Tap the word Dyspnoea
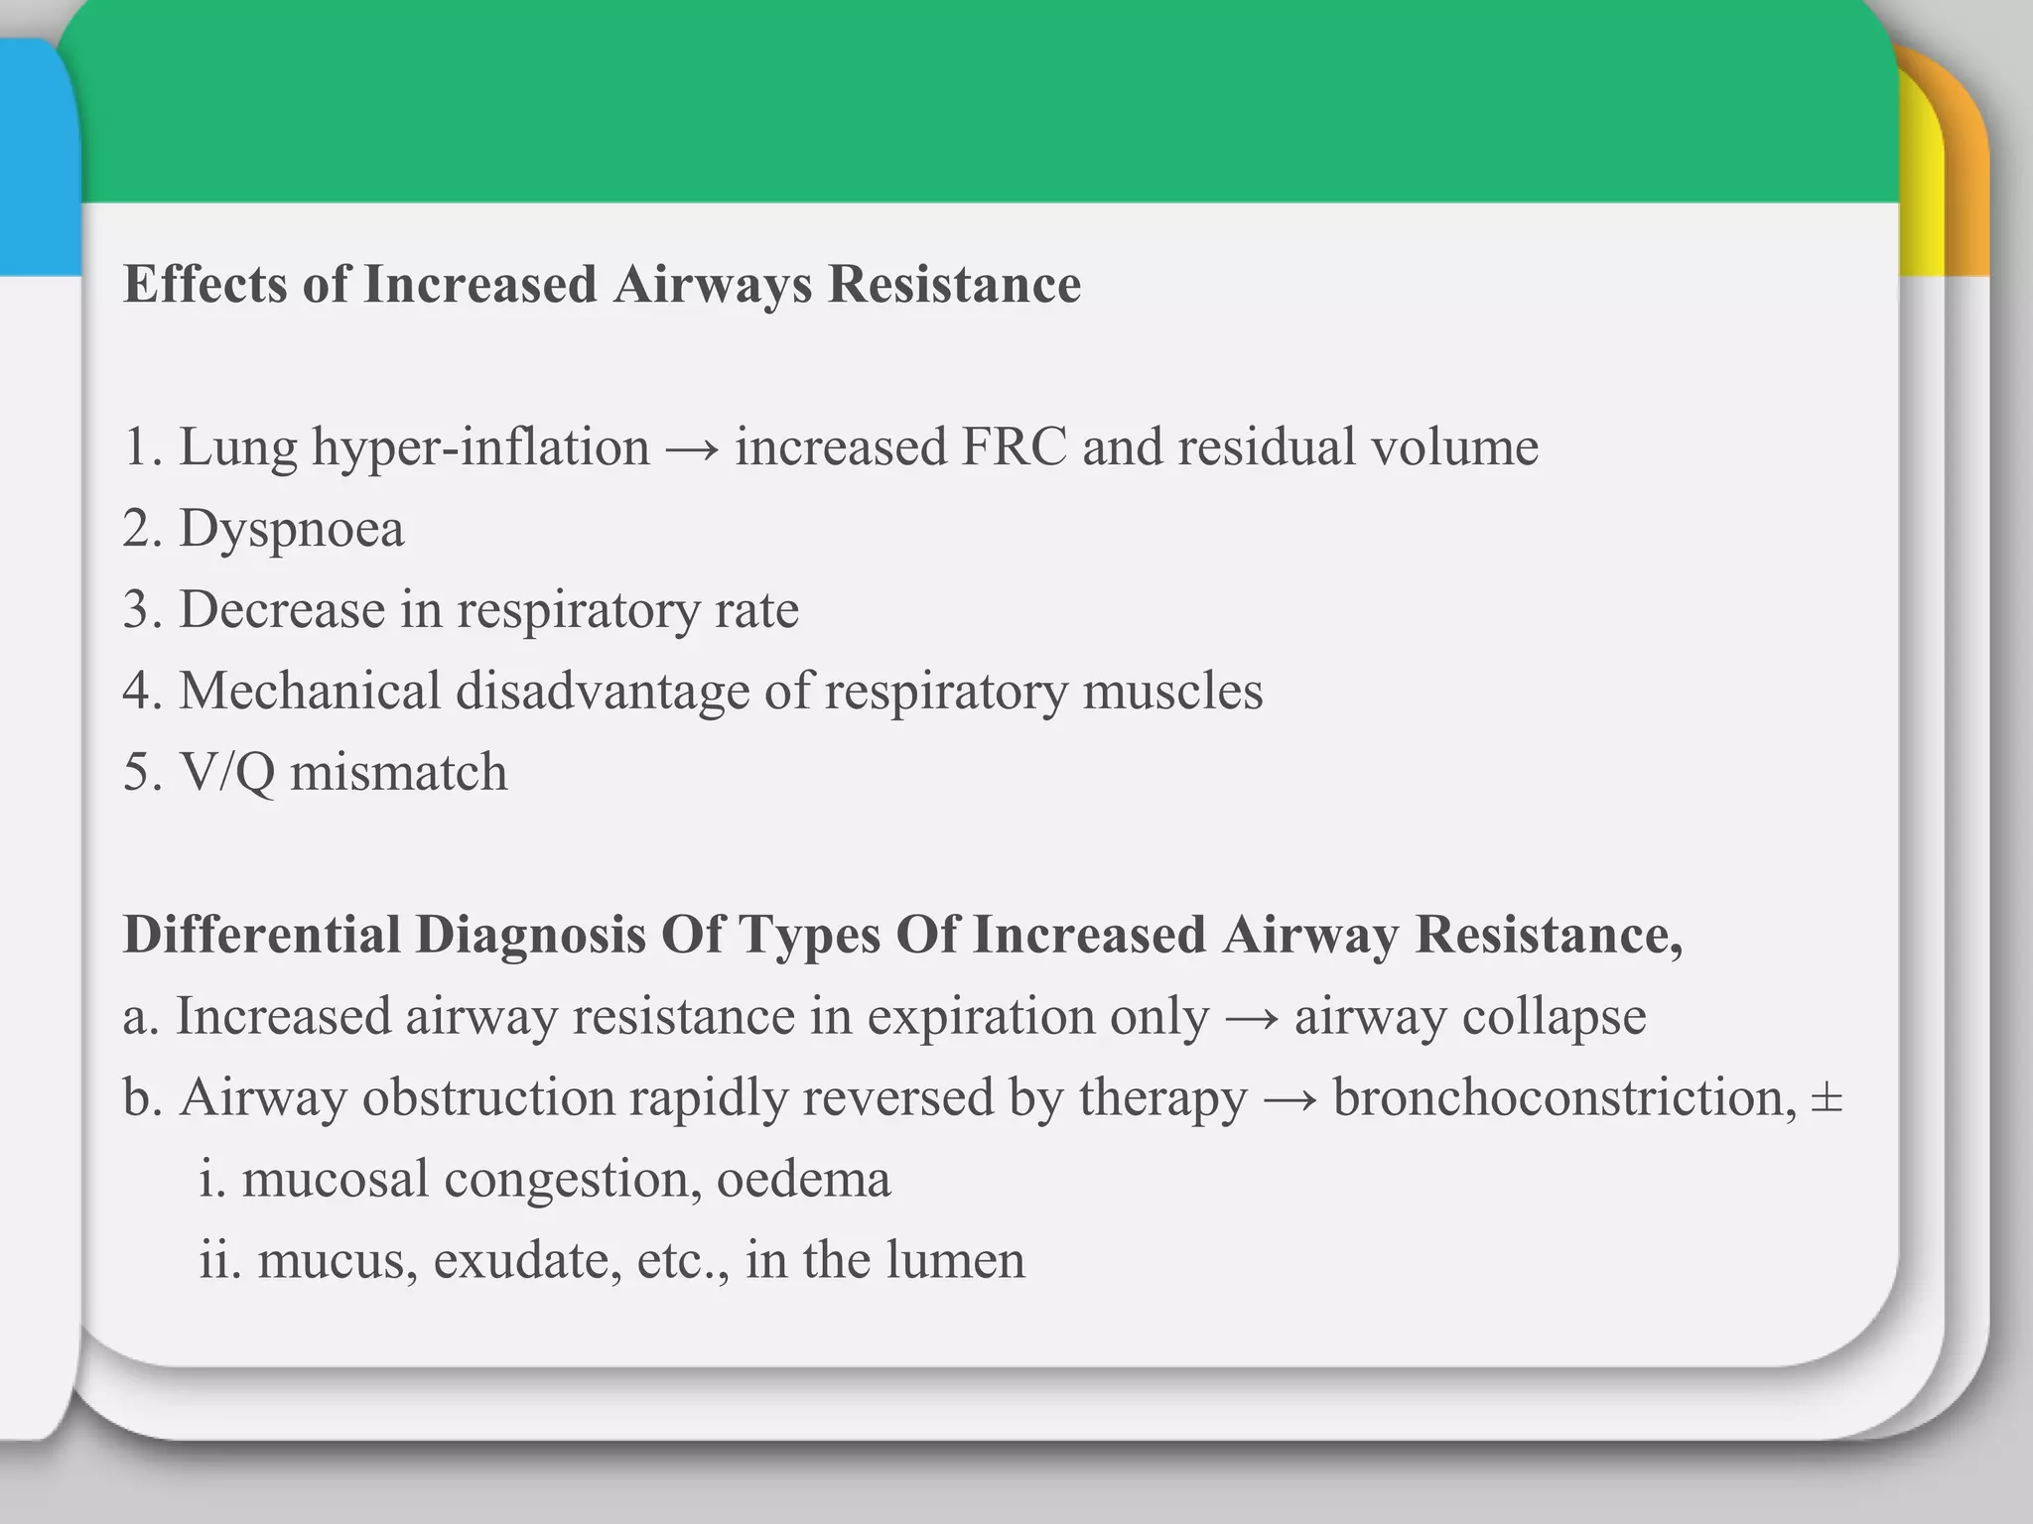point(291,529)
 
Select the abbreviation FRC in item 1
point(1014,447)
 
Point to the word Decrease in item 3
point(282,610)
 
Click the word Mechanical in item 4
point(310,692)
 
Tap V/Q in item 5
point(226,773)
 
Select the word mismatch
point(398,773)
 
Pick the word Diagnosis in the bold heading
point(531,936)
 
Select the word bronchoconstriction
point(1563,1098)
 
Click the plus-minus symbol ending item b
point(1827,1099)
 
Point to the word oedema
point(803,1180)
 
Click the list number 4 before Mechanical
point(137,692)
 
